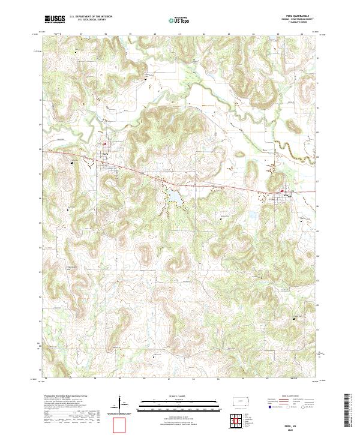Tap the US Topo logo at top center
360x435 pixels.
click(172, 20)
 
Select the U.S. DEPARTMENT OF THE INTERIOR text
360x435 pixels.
click(90, 16)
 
